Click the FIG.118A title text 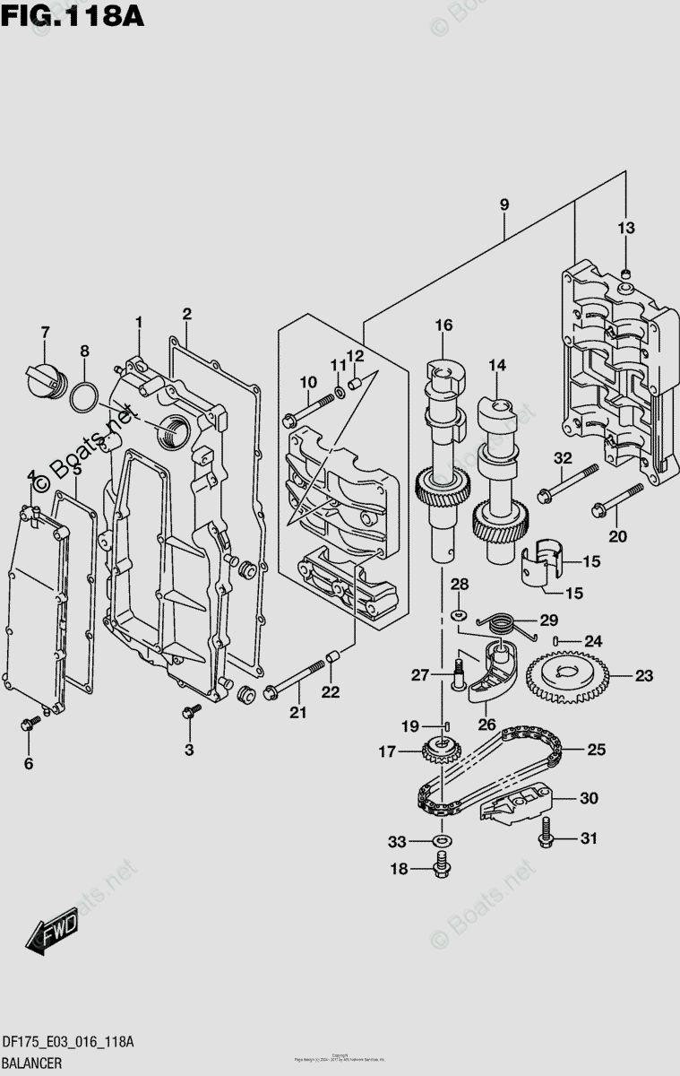pos(72,15)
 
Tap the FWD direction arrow pos(53,929)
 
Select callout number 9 pos(504,205)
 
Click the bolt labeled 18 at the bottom pos(442,866)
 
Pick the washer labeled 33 pos(441,842)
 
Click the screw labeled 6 pos(30,724)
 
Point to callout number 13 pos(624,229)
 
